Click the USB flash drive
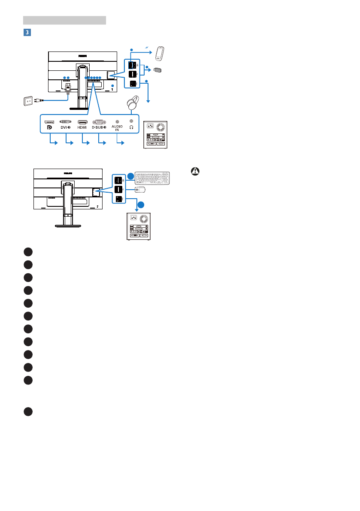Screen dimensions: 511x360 (157, 70)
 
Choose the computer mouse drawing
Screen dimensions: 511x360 (139, 189)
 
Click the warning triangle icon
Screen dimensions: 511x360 (196, 171)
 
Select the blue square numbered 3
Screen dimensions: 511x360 (26, 32)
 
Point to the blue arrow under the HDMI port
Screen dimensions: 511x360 (85, 142)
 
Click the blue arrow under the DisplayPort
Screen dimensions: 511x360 (53, 142)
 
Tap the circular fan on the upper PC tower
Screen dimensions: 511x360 (161, 127)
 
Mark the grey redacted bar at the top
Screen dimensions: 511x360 (64, 20)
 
